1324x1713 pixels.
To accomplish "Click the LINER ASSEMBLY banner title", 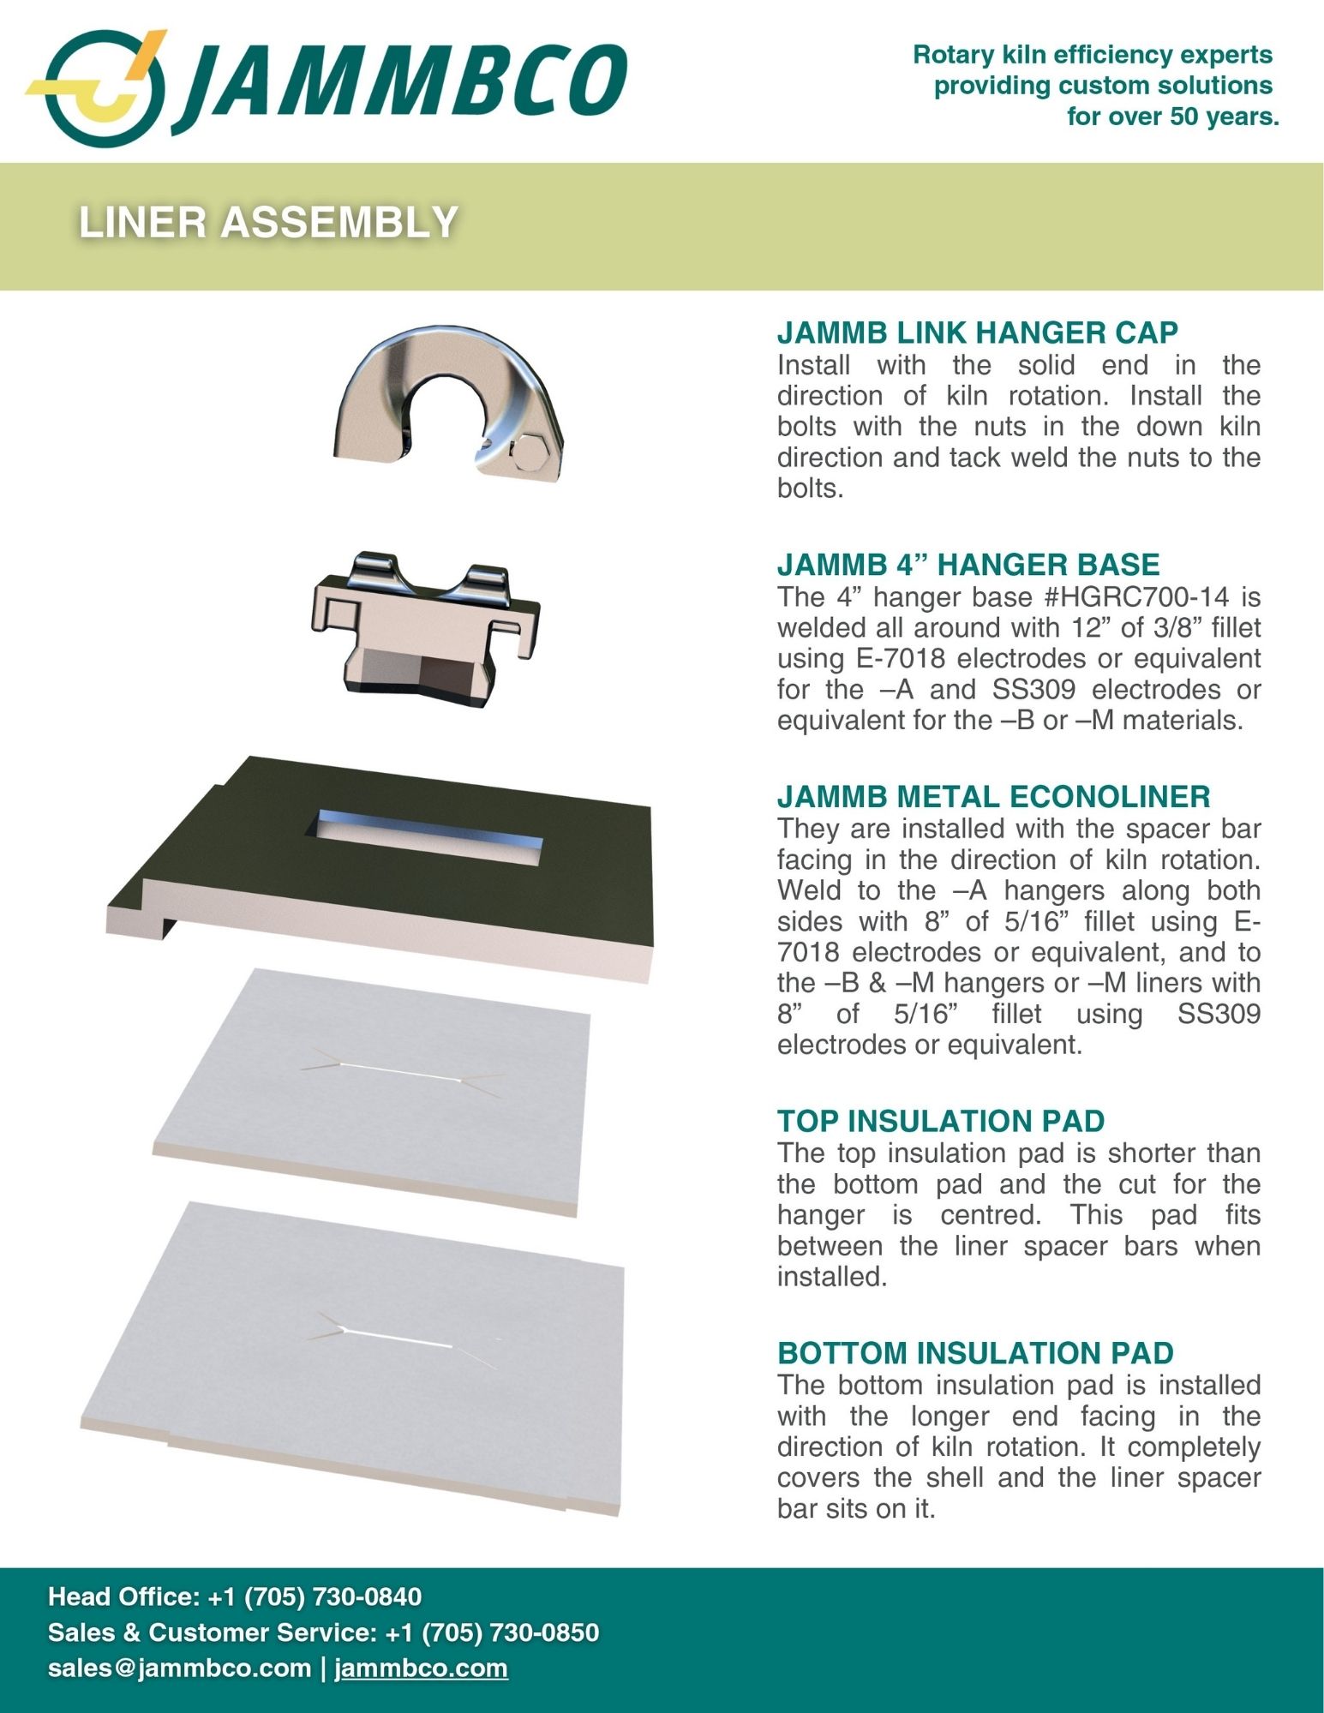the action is point(268,222).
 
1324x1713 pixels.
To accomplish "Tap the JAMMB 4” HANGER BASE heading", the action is point(968,564).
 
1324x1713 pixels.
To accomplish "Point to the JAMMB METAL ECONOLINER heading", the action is point(994,796).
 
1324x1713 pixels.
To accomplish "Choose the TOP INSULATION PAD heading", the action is point(941,1121).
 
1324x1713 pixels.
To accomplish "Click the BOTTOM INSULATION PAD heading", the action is point(975,1352).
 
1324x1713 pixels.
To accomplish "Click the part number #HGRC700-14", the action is point(1129,596).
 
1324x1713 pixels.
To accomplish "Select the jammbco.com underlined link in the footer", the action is point(421,1668).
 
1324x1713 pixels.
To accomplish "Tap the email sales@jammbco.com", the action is point(179,1668).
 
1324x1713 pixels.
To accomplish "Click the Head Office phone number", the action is point(315,1596).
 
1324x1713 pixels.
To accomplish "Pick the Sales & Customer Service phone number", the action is point(492,1632).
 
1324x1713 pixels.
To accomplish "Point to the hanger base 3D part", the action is point(426,629).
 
